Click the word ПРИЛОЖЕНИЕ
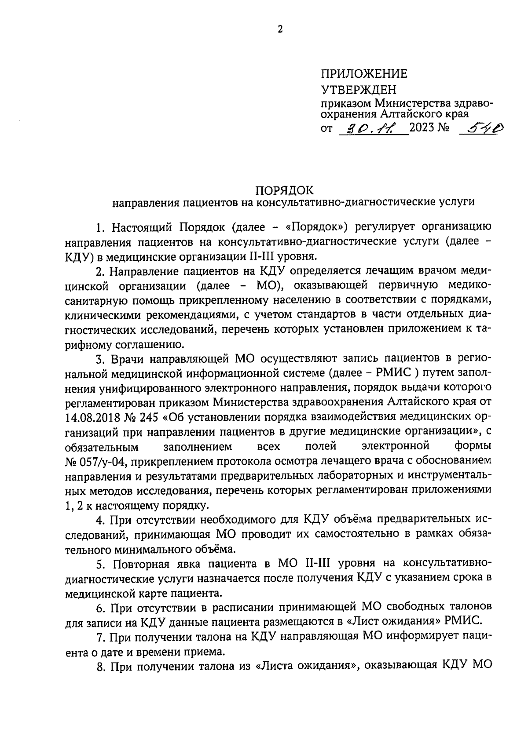pyautogui.click(x=364, y=74)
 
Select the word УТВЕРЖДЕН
pyautogui.click(x=358, y=90)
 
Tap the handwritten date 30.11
pyautogui.click(x=371, y=128)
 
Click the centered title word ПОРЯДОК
pyautogui.click(x=285, y=190)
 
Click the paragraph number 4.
pyautogui.click(x=99, y=520)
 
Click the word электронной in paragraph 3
pyautogui.click(x=396, y=447)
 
